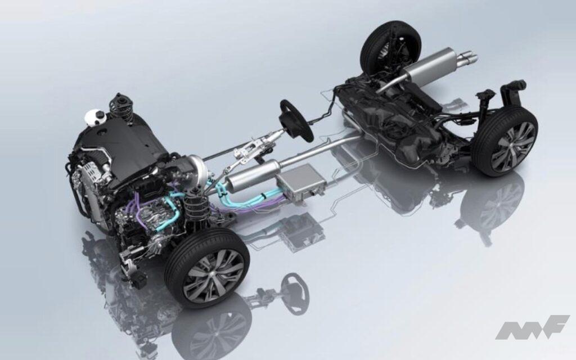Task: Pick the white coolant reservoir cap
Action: coord(94,118)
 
